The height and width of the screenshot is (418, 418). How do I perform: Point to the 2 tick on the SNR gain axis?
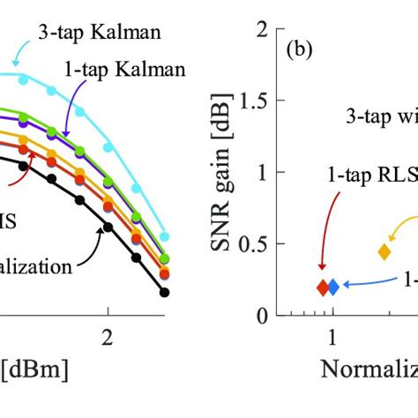click(x=261, y=31)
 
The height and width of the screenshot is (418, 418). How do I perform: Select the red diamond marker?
click(x=324, y=287)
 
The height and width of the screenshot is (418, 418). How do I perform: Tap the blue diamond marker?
click(x=333, y=287)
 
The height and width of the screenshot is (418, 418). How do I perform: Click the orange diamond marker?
click(x=384, y=251)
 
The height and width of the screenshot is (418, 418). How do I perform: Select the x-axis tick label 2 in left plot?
click(x=108, y=340)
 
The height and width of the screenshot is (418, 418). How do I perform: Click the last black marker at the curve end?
click(x=165, y=292)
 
